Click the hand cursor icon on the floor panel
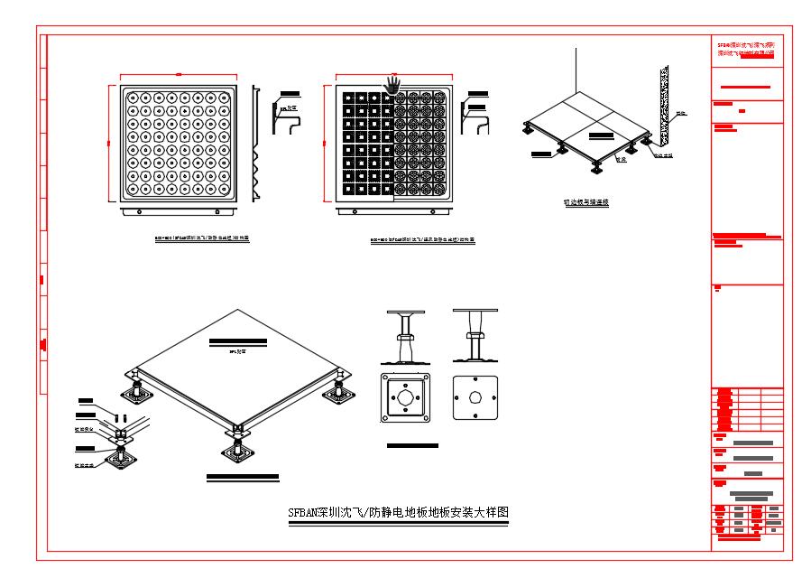click(x=392, y=84)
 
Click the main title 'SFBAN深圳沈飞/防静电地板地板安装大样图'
click(x=398, y=512)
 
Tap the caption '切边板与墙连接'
click(x=579, y=202)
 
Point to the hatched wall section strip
click(x=665, y=107)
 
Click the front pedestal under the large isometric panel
click(x=235, y=443)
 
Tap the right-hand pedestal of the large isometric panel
click(x=340, y=390)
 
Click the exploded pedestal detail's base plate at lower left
click(x=117, y=459)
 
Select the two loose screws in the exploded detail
click(x=120, y=418)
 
